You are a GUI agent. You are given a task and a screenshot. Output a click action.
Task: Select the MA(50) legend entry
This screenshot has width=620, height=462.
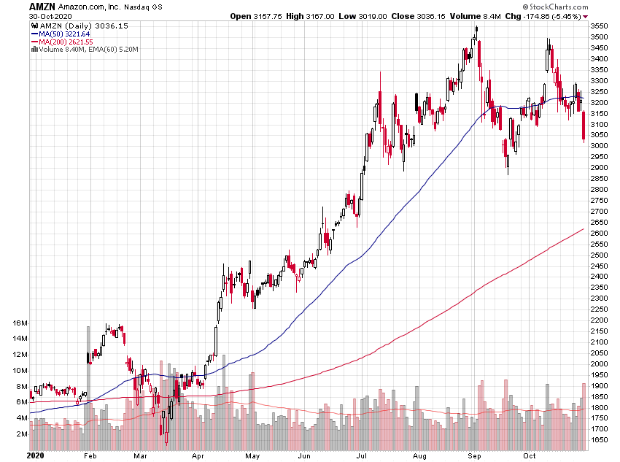(x=62, y=34)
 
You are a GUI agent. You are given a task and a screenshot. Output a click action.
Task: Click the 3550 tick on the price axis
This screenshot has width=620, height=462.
(x=600, y=26)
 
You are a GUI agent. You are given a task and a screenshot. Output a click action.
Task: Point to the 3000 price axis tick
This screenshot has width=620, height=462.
(x=600, y=146)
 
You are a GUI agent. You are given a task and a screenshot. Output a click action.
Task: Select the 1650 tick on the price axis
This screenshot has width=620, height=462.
(x=600, y=441)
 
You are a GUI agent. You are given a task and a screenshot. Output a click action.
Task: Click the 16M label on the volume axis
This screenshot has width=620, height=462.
(x=20, y=323)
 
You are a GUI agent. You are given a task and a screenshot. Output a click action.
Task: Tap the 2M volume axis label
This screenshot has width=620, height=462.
(x=22, y=434)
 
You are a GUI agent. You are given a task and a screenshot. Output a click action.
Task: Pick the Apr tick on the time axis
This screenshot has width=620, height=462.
(x=198, y=455)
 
